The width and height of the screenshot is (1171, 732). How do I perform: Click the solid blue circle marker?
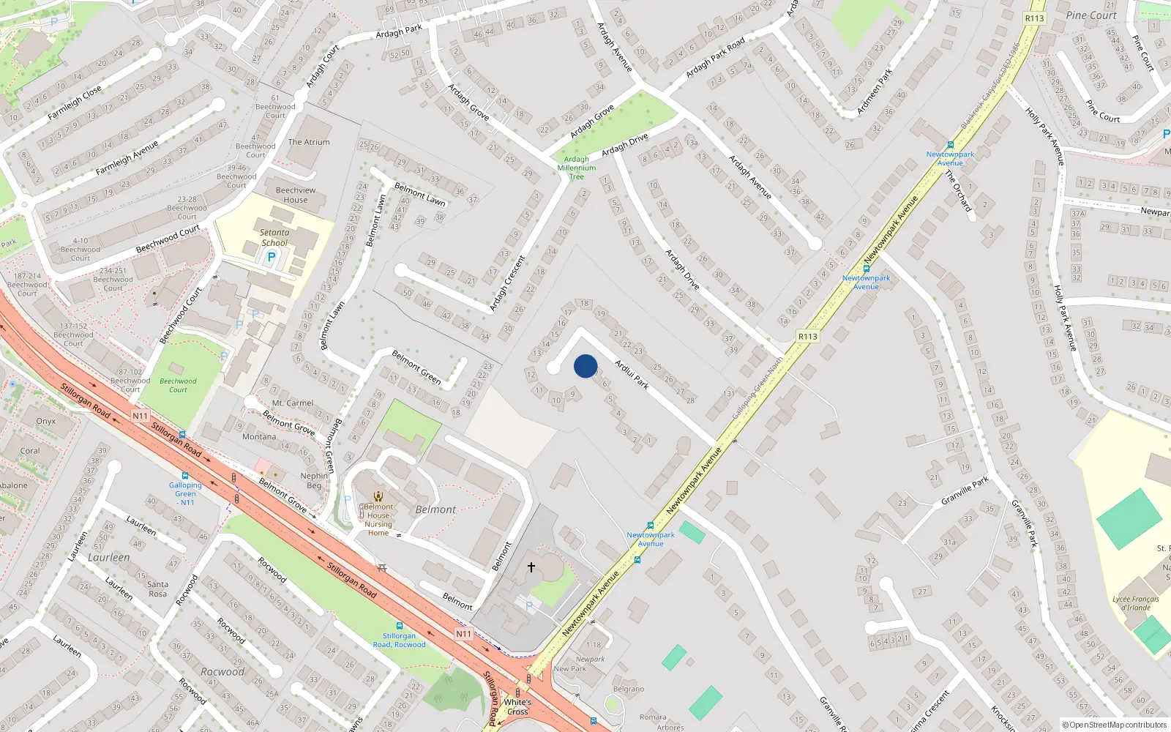[x=585, y=366]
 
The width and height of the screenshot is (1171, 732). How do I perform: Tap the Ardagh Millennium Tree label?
[x=577, y=168]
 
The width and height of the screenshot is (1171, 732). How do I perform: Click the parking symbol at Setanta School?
[x=272, y=257]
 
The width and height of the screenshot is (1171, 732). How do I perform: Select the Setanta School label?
[x=274, y=237]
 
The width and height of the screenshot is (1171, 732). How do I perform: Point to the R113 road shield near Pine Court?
[x=1034, y=18]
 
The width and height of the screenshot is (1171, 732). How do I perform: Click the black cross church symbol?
[x=531, y=567]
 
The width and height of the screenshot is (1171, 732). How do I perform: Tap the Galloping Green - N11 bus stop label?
[x=186, y=493]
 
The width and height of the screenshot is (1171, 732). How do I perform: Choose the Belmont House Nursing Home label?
[x=378, y=520]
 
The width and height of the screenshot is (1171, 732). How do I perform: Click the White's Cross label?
[x=517, y=706]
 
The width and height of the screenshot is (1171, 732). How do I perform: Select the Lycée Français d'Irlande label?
[x=1136, y=603]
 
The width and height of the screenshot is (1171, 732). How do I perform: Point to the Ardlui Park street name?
[x=632, y=374]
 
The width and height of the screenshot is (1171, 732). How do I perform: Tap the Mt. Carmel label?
[x=293, y=403]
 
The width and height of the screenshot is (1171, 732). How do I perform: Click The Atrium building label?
[x=309, y=142]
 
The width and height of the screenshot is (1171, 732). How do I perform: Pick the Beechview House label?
[x=296, y=195]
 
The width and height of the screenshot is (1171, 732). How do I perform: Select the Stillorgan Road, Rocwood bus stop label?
[x=399, y=640]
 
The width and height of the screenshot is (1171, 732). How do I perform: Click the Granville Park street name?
[x=965, y=490]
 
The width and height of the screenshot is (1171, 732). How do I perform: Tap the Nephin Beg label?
[x=314, y=480]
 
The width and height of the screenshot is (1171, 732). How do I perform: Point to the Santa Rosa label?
[x=157, y=589]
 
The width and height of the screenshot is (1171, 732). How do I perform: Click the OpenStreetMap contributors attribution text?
[x=1115, y=725]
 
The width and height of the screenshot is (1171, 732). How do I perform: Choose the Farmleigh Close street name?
[x=75, y=103]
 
